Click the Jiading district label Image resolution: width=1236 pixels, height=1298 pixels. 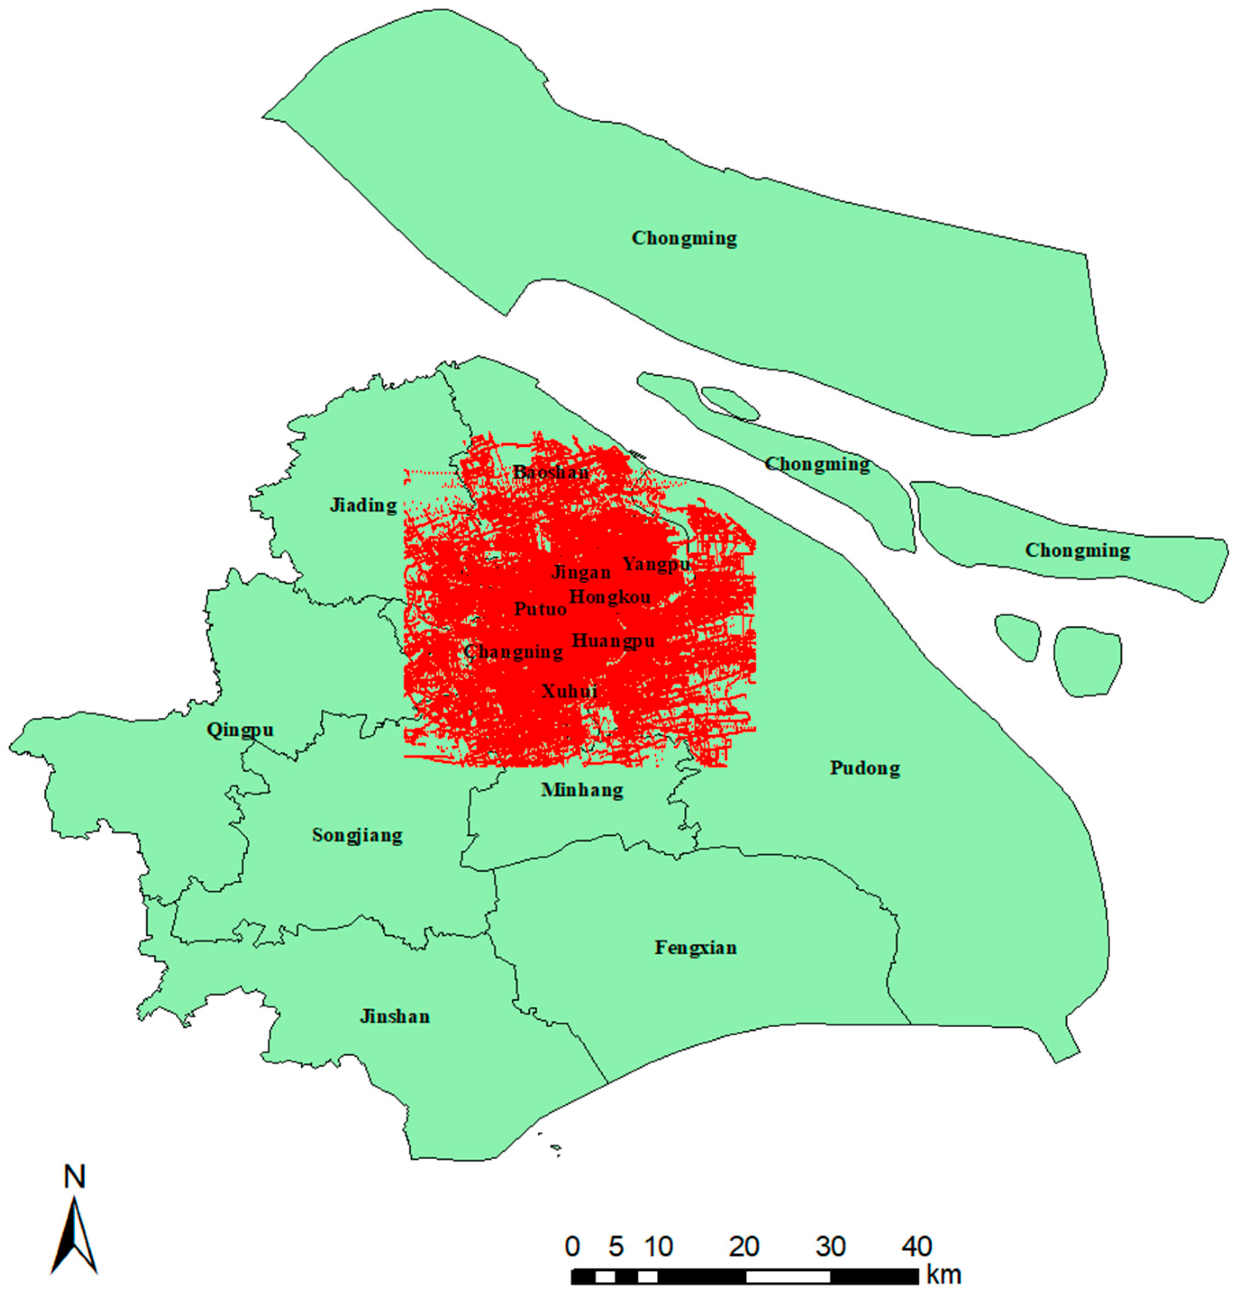point(363,506)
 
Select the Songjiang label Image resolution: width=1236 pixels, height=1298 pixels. point(357,835)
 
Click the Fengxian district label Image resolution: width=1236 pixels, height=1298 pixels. point(696,947)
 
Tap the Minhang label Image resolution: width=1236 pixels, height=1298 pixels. point(582,789)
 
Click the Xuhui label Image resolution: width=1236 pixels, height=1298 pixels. point(569,691)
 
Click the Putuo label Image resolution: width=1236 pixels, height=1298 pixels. point(540,609)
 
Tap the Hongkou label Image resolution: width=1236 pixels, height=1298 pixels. point(609,597)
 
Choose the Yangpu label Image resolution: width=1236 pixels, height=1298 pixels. point(656,565)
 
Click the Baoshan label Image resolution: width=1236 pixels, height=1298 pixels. point(551,473)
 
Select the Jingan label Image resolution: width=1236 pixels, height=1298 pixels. point(581,572)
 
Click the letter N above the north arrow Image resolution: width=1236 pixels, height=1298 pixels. point(74,1177)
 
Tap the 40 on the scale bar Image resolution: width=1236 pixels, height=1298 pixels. point(917,1246)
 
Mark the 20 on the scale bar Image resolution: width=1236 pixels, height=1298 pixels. point(745,1246)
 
